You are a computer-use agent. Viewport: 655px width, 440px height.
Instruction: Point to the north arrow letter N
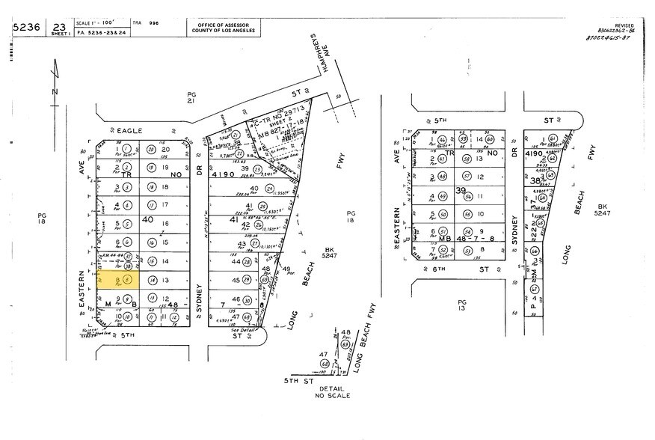click(x=53, y=91)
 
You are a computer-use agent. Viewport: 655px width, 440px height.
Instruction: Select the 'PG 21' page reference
click(x=191, y=98)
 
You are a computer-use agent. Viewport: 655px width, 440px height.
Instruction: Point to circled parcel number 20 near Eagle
click(x=152, y=150)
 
